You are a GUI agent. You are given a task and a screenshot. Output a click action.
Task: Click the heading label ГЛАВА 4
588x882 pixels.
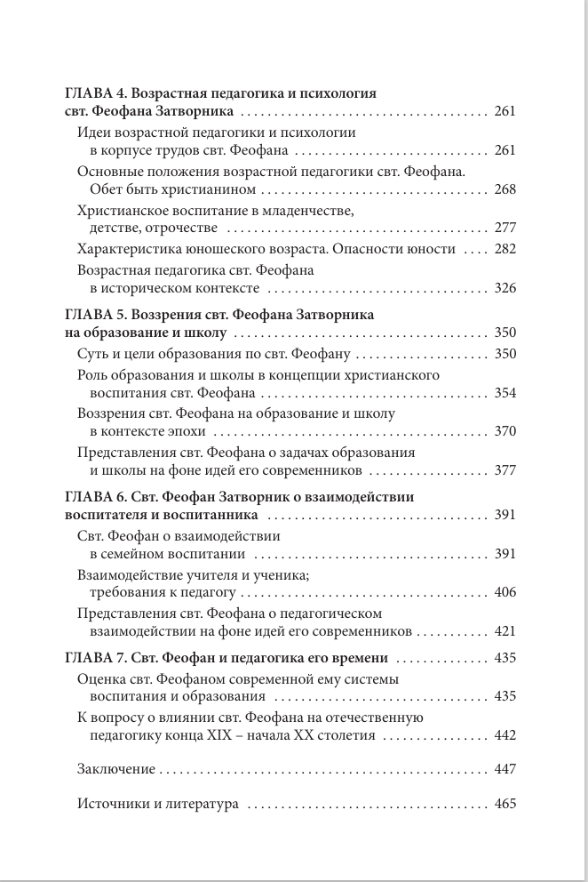[96, 92]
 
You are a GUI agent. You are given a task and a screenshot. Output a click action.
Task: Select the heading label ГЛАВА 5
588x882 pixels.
[96, 316]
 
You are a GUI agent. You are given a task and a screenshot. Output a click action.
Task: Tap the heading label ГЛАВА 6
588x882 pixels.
[96, 496]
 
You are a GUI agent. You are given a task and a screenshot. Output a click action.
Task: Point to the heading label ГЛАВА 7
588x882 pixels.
[96, 658]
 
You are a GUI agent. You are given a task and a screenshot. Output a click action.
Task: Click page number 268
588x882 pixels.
[505, 189]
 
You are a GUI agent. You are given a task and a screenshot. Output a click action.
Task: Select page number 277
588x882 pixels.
[505, 229]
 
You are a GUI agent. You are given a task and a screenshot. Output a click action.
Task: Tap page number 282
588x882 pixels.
[505, 249]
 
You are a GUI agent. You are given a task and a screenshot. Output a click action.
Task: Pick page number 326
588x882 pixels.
[505, 289]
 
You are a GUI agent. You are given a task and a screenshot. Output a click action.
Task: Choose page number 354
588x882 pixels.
[505, 393]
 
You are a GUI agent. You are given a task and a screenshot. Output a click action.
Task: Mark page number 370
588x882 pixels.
[505, 432]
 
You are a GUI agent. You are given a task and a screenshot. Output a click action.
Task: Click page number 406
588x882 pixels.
[505, 591]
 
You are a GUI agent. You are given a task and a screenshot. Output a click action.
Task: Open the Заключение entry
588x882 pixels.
[116, 769]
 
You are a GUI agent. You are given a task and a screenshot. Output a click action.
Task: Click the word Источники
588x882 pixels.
[111, 805]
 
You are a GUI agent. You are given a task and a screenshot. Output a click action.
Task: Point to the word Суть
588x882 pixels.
[93, 354]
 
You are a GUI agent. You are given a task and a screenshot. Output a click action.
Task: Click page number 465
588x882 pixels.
[505, 805]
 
